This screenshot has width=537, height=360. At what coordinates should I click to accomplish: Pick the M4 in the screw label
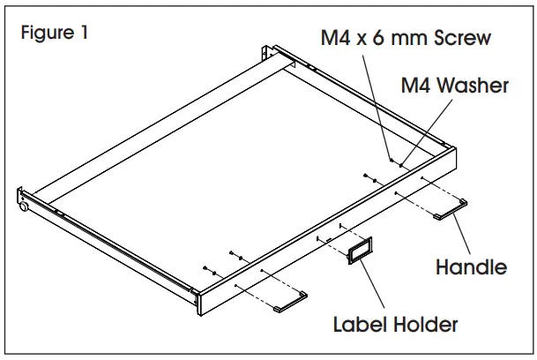click(337, 38)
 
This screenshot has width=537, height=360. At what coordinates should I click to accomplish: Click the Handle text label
click(471, 266)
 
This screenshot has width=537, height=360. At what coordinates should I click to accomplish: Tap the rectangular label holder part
click(361, 251)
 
